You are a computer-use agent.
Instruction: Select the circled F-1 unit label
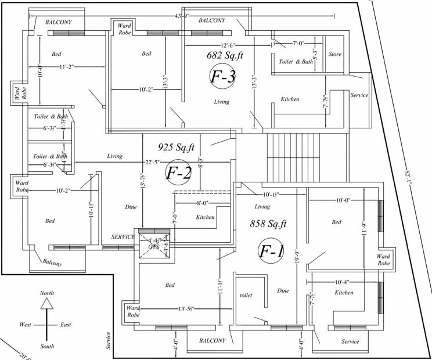pos(271,251)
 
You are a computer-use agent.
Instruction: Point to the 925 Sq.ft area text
pos(176,147)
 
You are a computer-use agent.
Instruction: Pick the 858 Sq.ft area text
pos(268,223)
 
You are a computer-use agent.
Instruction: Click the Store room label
pos(335,55)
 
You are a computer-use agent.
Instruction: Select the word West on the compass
pos(26,325)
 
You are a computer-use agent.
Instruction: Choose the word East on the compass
pos(66,325)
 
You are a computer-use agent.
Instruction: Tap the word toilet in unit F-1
pos(246,296)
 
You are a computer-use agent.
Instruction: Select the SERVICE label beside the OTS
pos(123,237)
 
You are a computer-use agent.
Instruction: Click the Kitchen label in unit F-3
pos(290,99)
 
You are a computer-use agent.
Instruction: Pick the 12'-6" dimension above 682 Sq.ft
pos(228,45)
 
